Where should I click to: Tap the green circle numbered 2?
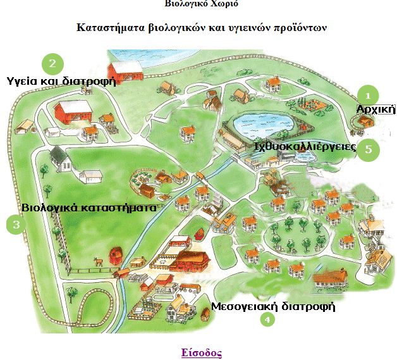pos(52,63)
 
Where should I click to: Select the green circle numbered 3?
pos(16,225)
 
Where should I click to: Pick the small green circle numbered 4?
pos(268,320)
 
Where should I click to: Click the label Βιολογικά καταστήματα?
pos(89,207)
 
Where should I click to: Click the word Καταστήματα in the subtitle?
pos(109,28)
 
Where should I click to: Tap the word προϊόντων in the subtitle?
pos(308,28)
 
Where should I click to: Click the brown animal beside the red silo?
pos(98,260)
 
